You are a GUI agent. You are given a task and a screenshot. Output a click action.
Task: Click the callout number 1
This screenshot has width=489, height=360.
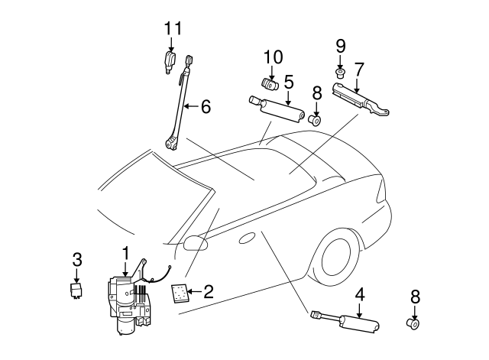[x=125, y=251]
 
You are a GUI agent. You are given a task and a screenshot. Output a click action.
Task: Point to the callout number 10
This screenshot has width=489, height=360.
[x=273, y=57]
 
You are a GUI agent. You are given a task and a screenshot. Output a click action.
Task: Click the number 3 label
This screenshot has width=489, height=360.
[x=77, y=258]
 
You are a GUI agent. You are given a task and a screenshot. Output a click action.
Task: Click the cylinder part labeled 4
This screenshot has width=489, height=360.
[x=357, y=323]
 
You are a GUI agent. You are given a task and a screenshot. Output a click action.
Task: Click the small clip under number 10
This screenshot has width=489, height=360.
[x=270, y=83]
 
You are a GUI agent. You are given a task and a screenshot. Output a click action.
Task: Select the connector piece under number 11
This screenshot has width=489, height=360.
[x=170, y=61]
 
